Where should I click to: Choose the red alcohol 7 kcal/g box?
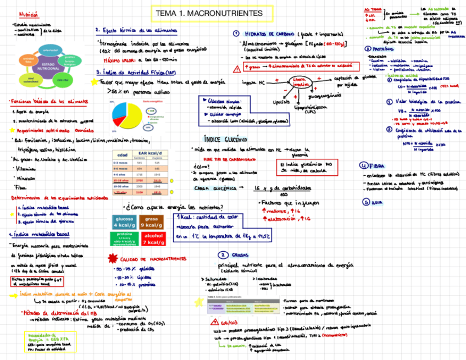(x=152, y=239)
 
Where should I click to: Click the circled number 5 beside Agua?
(x=366, y=202)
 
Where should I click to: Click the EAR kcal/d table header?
(x=150, y=152)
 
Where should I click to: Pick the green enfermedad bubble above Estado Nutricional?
(x=50, y=51)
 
